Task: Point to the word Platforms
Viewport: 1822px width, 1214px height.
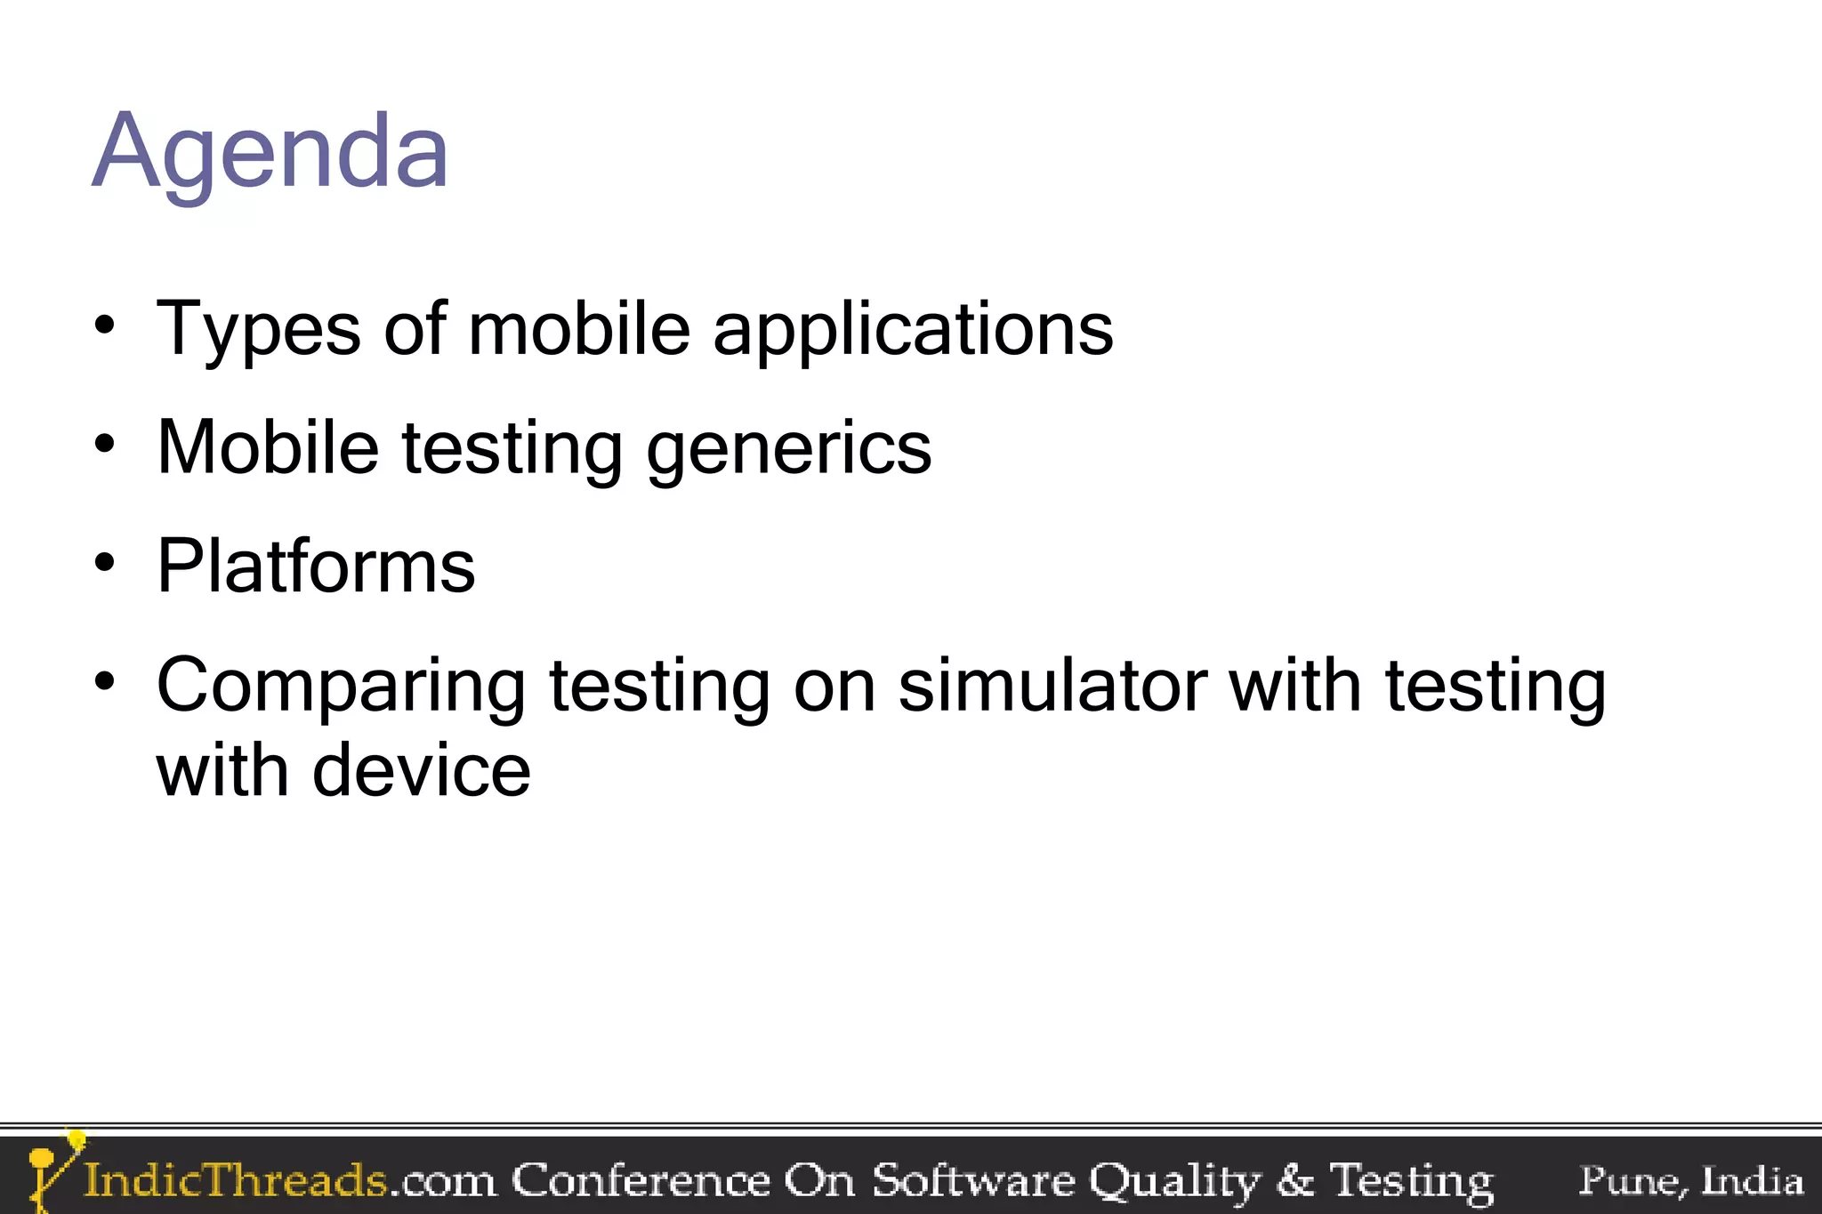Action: tap(316, 567)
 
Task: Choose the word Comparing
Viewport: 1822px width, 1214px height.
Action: tap(341, 687)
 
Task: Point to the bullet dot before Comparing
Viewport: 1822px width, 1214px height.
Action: tap(105, 682)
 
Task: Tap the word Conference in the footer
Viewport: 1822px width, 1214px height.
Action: tap(641, 1181)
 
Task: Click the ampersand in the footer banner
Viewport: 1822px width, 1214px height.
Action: tap(1294, 1181)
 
